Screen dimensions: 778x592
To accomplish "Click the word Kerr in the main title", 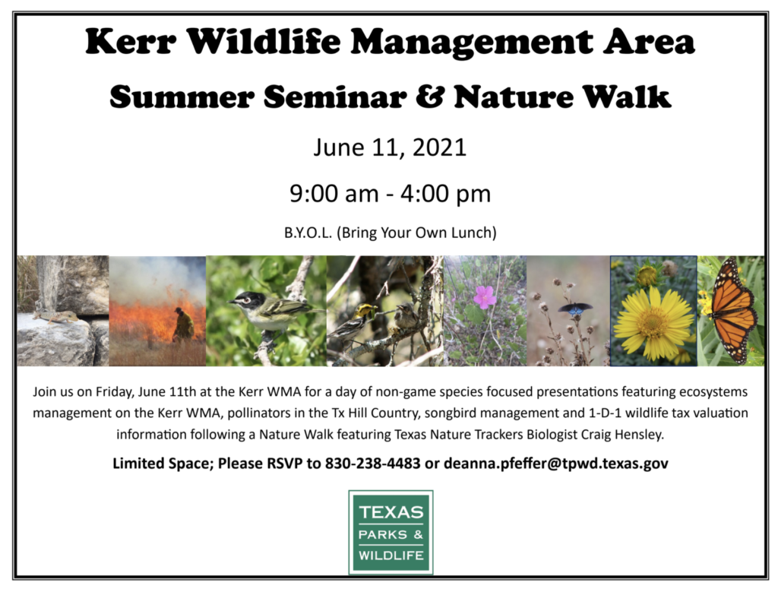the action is click(x=131, y=41).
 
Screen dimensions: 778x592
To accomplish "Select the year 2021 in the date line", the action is click(x=440, y=147).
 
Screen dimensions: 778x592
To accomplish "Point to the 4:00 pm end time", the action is click(x=445, y=194).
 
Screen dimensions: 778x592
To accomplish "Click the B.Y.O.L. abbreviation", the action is click(x=308, y=233).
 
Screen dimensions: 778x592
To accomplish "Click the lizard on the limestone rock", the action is click(x=55, y=316).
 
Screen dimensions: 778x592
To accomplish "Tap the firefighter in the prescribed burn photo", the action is click(x=183, y=324).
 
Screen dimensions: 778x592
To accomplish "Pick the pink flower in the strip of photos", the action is click(x=484, y=296).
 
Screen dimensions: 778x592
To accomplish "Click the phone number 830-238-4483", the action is click(x=372, y=463).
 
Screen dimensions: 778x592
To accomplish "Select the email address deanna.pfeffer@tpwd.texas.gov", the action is click(x=555, y=464).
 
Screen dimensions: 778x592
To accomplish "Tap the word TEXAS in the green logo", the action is click(x=391, y=512).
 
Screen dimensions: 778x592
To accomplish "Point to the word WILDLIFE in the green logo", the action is click(x=391, y=556).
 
